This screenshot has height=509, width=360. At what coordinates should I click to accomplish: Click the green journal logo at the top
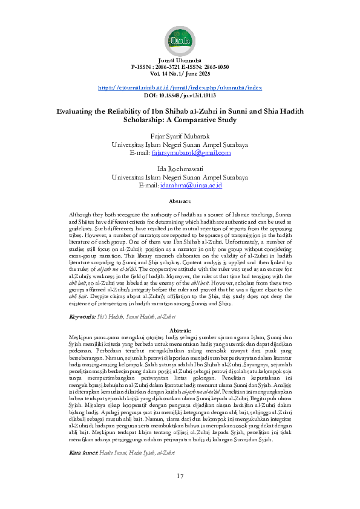coord(180,40)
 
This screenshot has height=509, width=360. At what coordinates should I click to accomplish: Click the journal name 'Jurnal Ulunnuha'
coord(180,61)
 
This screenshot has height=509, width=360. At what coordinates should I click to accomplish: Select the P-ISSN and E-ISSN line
coord(180,67)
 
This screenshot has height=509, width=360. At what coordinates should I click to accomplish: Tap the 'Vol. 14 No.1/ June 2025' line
coord(180,73)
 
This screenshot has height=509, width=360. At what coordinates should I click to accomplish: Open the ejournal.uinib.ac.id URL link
coord(180,88)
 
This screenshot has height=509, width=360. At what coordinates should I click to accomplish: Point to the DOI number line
coord(180,95)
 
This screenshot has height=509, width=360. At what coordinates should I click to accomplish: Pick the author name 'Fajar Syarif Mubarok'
coord(180,137)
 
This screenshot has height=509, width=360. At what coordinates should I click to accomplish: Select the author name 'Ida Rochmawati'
coord(180,169)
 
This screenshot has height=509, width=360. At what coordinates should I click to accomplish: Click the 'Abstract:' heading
coord(180,201)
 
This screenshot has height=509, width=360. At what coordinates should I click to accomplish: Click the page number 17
coord(180,476)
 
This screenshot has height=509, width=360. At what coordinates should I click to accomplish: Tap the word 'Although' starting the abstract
coord(81,216)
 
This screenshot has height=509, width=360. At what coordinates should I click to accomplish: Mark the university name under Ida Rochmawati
coord(180,177)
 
